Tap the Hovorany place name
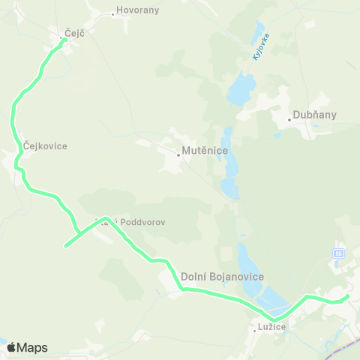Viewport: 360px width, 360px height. [x=136, y=13]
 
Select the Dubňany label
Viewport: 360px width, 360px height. [x=315, y=115]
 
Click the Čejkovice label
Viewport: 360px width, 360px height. [x=45, y=146]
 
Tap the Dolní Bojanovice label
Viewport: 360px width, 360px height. [x=222, y=277]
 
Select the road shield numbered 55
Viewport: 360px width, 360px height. [x=338, y=254]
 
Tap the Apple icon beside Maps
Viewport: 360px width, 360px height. [x=11, y=347]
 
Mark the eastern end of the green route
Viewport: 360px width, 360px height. [x=348, y=296]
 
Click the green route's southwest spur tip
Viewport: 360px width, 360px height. [x=66, y=245]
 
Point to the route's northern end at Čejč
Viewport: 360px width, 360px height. [x=65, y=40]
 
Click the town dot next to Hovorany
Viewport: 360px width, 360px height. [x=112, y=13]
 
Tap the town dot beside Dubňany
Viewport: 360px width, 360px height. [x=290, y=118]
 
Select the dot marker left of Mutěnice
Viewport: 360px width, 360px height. [x=178, y=155]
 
